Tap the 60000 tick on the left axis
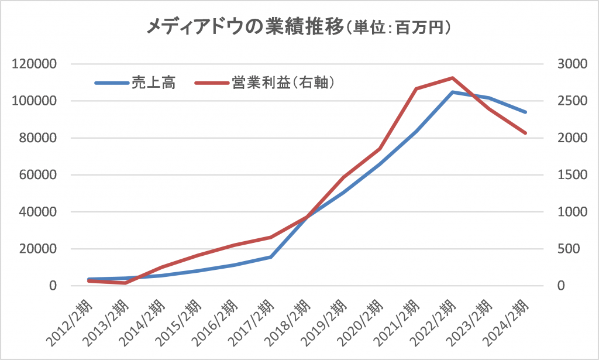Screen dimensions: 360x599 (x=36, y=175)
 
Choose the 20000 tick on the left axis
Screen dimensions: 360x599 (x=36, y=249)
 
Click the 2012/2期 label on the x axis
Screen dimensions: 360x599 (x=71, y=323)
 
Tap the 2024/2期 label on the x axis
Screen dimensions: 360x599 (x=508, y=323)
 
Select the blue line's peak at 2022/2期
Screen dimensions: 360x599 (x=453, y=92)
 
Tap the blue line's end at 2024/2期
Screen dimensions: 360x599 (x=525, y=112)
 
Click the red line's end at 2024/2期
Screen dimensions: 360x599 (x=525, y=133)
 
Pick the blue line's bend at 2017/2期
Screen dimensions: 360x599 (x=271, y=256)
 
